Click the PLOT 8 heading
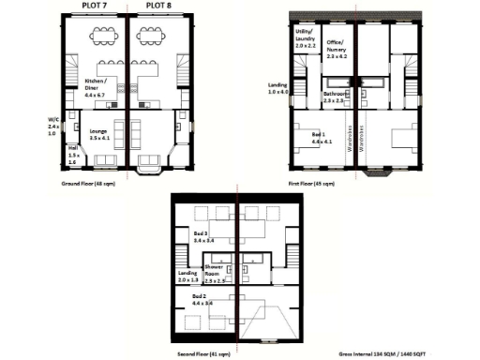pos(156,6)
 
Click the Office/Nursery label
pos(337,50)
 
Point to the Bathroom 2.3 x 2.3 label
pos(337,97)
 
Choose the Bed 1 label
pos(320,138)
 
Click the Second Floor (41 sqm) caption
pos(202,352)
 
